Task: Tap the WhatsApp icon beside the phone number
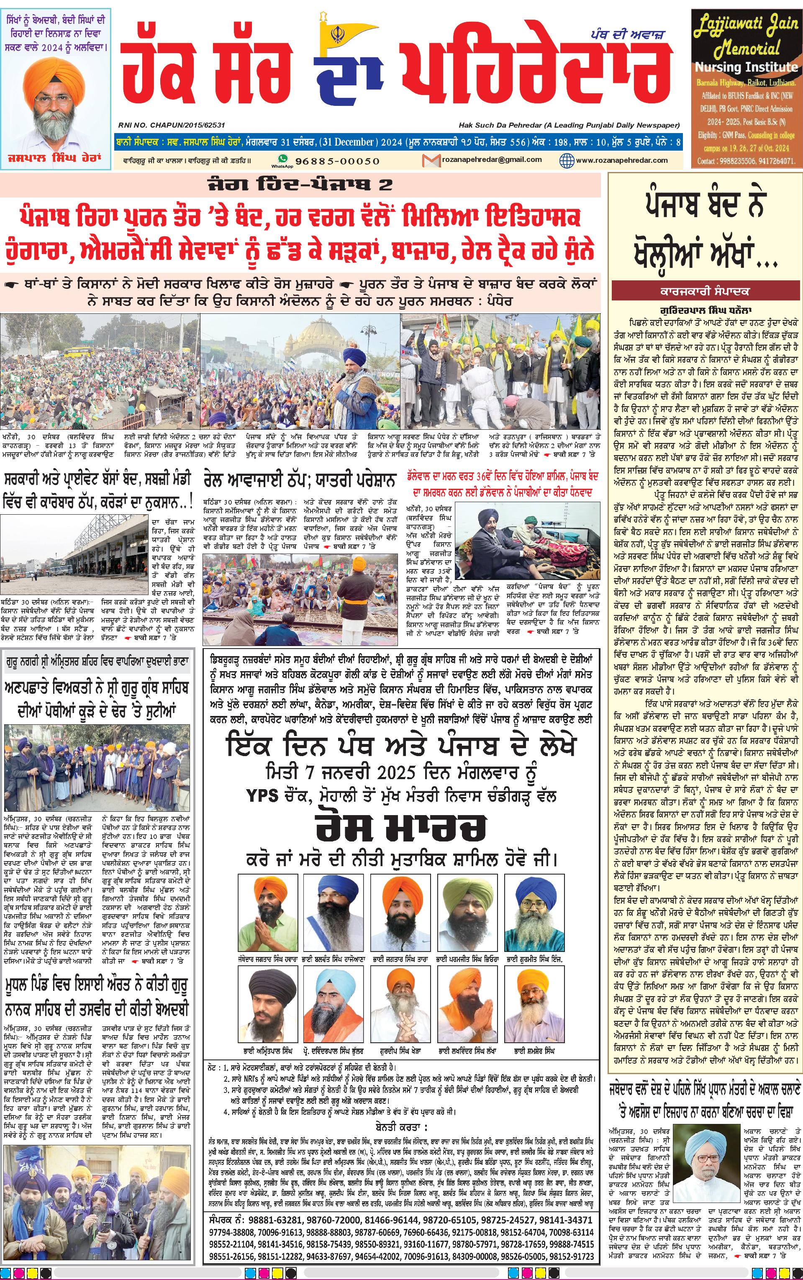(x=282, y=159)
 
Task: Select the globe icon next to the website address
(x=567, y=160)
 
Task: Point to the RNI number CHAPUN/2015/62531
(x=170, y=125)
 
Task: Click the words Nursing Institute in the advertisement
(x=746, y=67)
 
